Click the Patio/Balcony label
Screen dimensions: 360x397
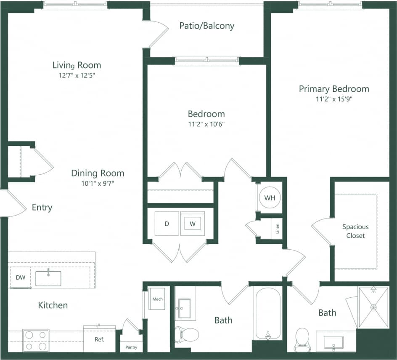tap(206, 26)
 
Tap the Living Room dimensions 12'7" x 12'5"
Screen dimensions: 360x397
tap(77, 76)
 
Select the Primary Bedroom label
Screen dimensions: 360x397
tap(334, 89)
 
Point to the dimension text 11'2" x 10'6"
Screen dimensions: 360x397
tap(206, 124)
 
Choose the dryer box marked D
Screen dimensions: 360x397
tap(167, 224)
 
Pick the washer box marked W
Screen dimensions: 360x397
tap(193, 224)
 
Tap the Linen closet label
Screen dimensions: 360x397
tap(277, 229)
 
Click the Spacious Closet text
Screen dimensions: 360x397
tap(355, 231)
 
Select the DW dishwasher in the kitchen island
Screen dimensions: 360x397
tap(21, 277)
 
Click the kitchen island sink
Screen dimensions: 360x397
tap(48, 278)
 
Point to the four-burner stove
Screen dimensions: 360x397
tap(36, 340)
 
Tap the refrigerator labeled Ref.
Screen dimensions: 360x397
tap(99, 339)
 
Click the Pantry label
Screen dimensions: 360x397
tap(131, 348)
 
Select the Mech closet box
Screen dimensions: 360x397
tap(157, 299)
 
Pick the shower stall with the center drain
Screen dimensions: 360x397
tap(373, 307)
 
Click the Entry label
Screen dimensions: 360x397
tap(42, 207)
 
